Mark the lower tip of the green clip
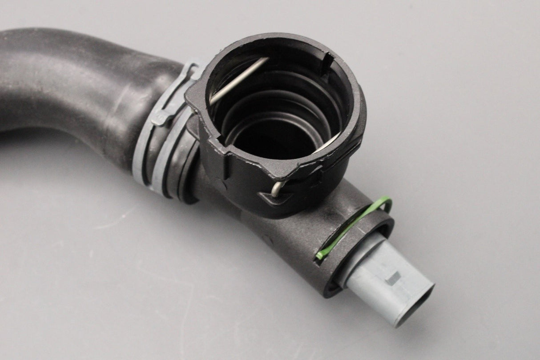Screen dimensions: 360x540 (x=319, y=256)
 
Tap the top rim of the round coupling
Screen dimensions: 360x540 (x=285, y=40)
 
